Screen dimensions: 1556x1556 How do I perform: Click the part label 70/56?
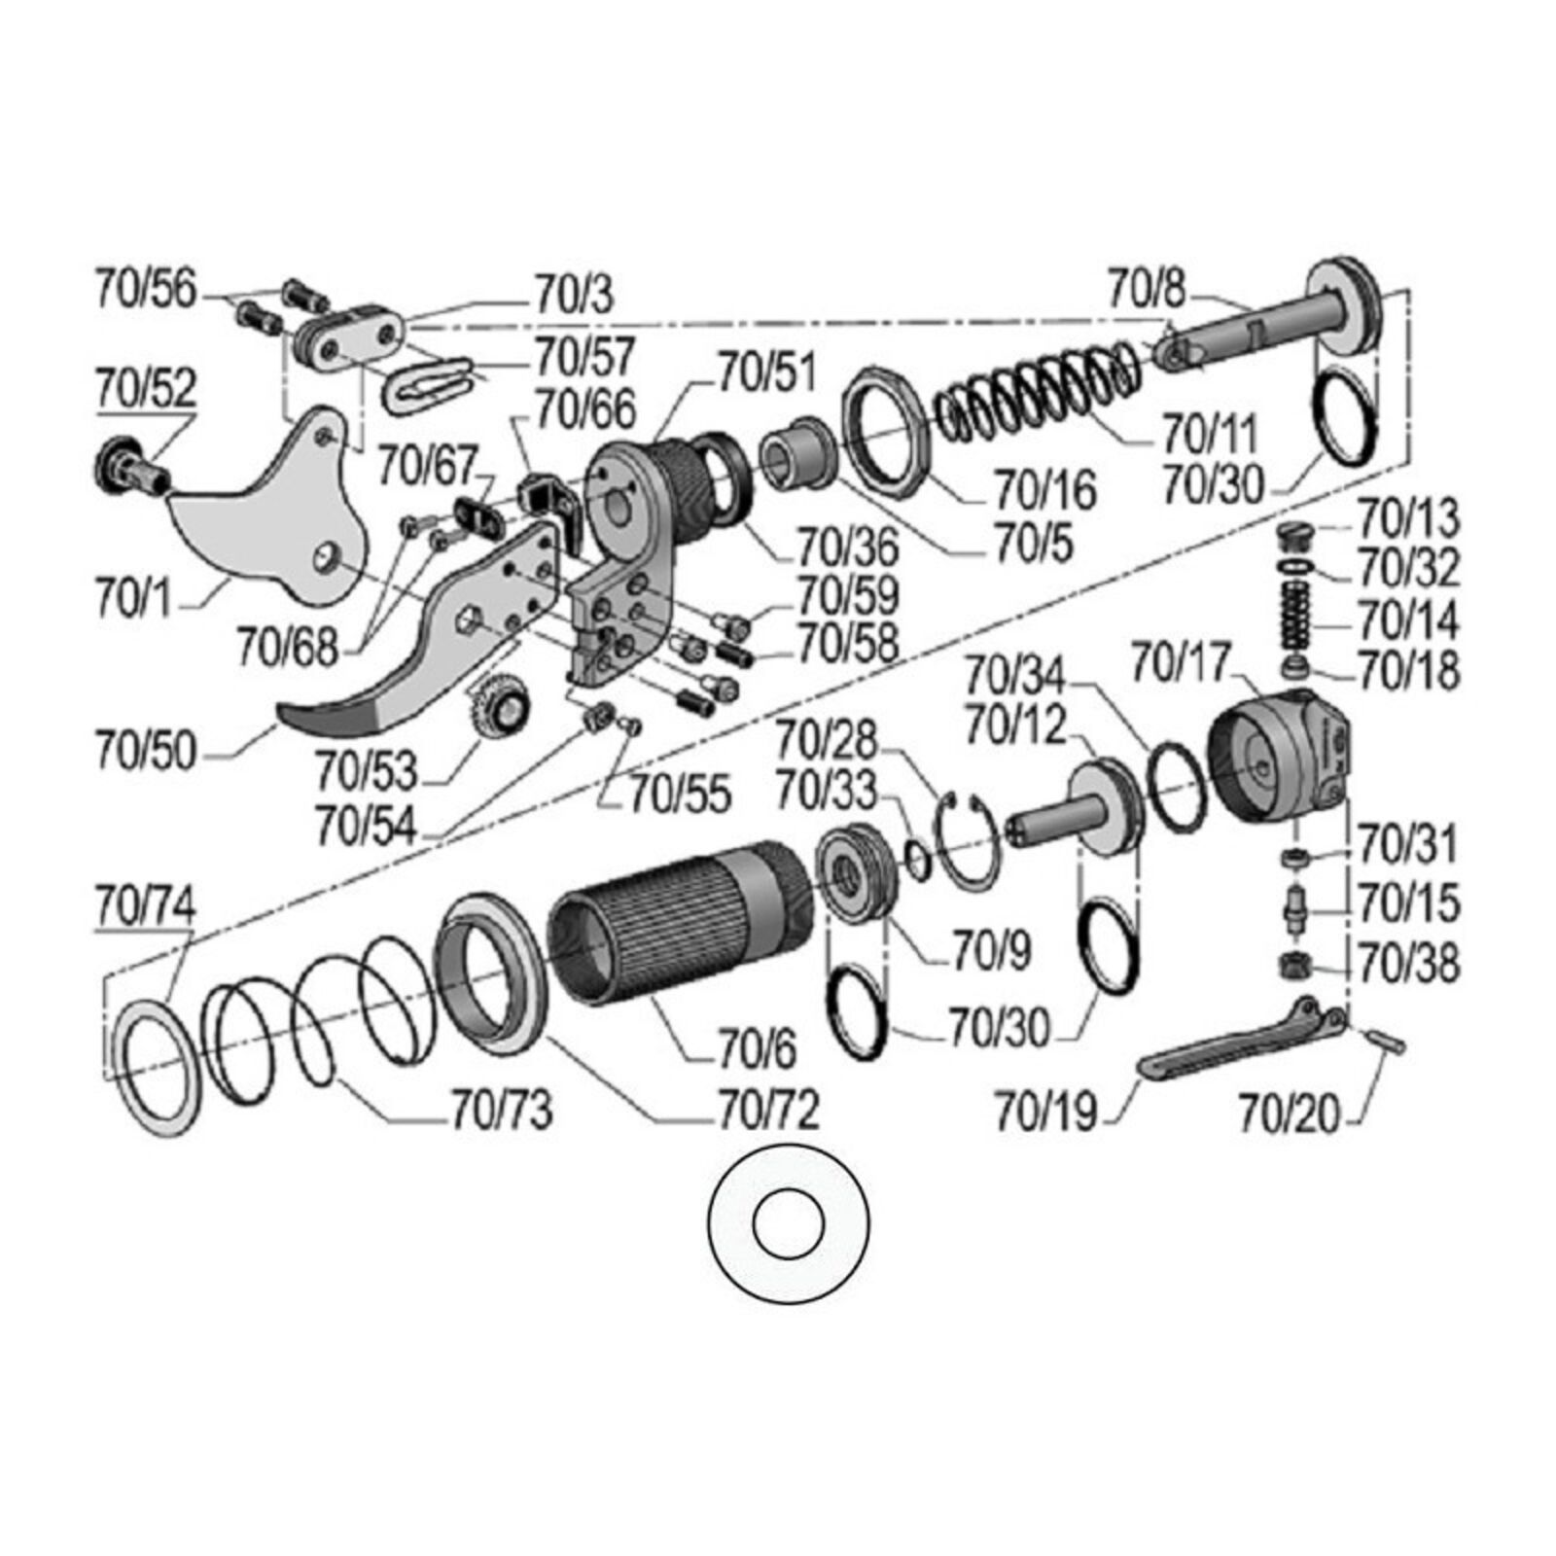(145, 290)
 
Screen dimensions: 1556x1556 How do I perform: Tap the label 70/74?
(145, 905)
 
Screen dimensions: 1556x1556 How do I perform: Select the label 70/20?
(1289, 1114)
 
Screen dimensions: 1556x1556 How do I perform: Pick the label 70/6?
(758, 1049)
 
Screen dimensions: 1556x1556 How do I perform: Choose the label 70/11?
(1211, 433)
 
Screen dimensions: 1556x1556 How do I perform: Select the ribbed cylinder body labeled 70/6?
(681, 919)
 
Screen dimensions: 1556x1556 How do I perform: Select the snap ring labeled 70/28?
(967, 842)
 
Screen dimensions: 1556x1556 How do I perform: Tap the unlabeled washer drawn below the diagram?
(789, 1221)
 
